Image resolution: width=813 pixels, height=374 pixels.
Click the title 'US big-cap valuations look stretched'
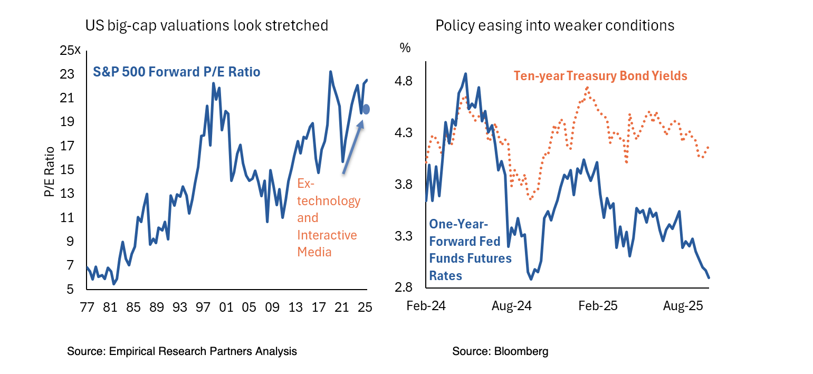[207, 25]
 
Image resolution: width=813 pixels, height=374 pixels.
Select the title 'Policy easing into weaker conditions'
[554, 25]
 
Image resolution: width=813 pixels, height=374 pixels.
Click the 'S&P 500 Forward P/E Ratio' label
[177, 72]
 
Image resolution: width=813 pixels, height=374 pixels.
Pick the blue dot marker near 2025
[366, 109]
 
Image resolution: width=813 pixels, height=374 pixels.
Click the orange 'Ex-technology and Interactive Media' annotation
[328, 218]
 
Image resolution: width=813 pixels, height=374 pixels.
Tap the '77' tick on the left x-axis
[87, 306]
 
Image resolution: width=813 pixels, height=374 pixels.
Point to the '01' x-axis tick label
[226, 306]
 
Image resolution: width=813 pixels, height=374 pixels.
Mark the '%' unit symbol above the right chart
[405, 47]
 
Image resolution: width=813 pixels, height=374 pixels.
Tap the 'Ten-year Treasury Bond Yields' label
[600, 76]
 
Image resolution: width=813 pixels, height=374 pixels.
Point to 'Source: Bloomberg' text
[500, 351]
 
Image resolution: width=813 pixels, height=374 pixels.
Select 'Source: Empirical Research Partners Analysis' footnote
[182, 351]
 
